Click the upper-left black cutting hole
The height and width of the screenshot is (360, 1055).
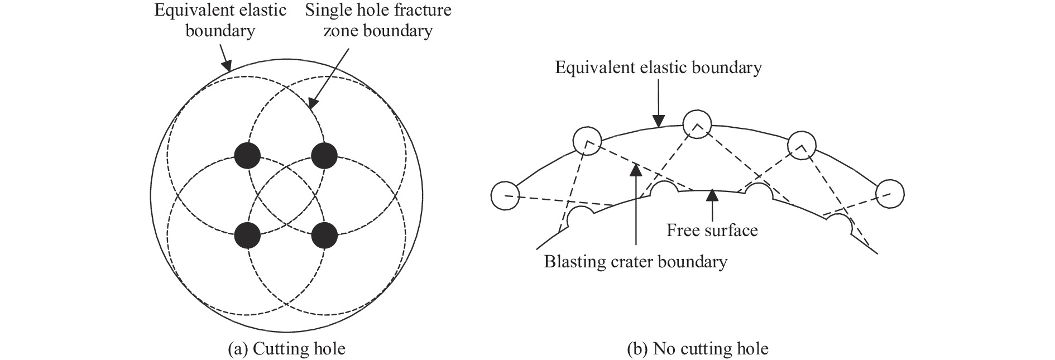247,155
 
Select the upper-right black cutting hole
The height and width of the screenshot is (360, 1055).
324,155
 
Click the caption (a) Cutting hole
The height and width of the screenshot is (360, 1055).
287,349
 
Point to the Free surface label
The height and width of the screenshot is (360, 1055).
712,230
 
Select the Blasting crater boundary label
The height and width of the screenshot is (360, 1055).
635,261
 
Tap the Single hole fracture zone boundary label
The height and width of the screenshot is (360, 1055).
378,20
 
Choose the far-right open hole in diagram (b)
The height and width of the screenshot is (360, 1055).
890,194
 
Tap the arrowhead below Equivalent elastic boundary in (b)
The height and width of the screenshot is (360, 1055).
659,122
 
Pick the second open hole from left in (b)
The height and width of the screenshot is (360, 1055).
587,140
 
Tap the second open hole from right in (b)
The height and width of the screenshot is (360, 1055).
802,146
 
